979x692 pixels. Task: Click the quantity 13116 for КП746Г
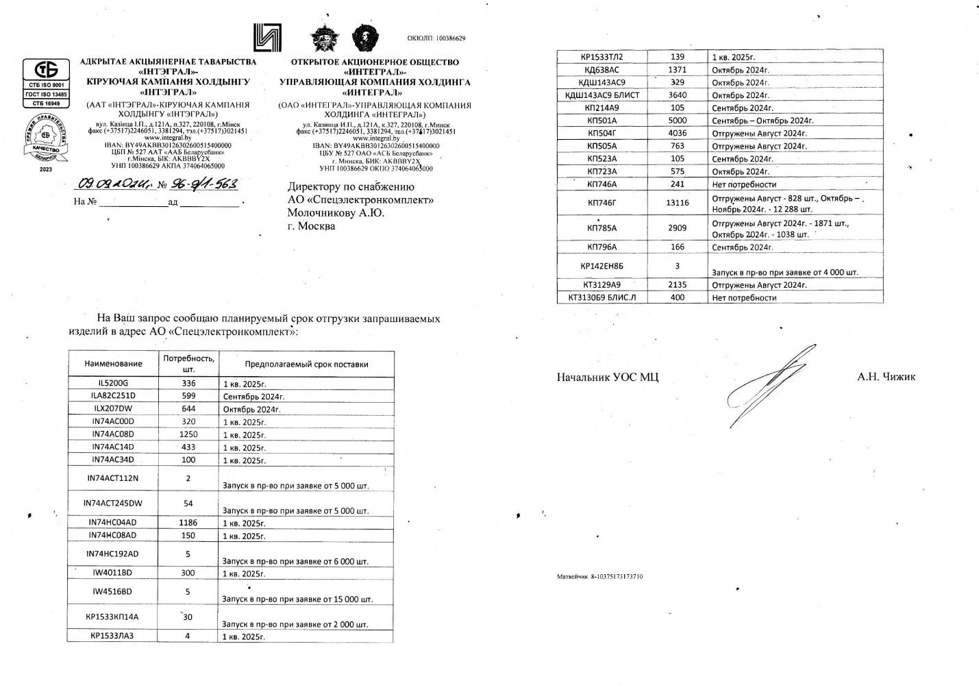pyautogui.click(x=677, y=203)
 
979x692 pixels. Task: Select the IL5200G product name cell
pyautogui.click(x=113, y=384)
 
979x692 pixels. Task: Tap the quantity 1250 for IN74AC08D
pyautogui.click(x=188, y=434)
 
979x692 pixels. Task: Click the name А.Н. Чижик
pyautogui.click(x=886, y=377)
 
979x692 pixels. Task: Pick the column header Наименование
pyautogui.click(x=113, y=364)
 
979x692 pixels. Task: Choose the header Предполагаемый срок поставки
pyautogui.click(x=306, y=364)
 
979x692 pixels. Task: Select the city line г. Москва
pyautogui.click(x=311, y=226)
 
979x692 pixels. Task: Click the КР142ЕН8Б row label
pyautogui.click(x=602, y=266)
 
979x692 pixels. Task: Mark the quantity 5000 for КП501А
pyautogui.click(x=677, y=121)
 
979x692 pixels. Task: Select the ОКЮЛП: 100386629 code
pyautogui.click(x=436, y=38)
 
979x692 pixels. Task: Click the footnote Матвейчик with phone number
pyautogui.click(x=599, y=577)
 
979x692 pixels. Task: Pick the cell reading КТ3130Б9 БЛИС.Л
pyautogui.click(x=602, y=297)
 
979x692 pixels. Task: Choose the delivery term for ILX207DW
pyautogui.click(x=252, y=410)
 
